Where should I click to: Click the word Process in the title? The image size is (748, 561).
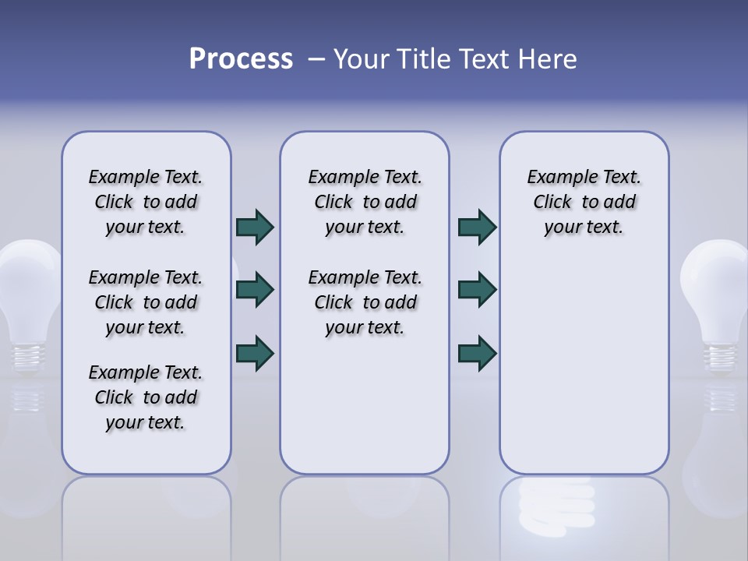[x=241, y=59]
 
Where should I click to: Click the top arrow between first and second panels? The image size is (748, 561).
[x=255, y=228]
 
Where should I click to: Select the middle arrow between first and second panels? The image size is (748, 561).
[x=255, y=290]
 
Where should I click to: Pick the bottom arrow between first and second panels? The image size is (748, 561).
[x=255, y=353]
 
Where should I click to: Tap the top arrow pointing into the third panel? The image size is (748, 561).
[x=477, y=228]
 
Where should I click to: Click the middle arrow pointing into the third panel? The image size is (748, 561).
[x=477, y=290]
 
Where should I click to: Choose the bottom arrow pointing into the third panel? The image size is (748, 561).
[x=477, y=353]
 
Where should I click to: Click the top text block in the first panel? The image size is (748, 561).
[x=146, y=202]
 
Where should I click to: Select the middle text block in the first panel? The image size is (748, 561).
[x=146, y=302]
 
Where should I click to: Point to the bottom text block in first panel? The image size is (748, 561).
[x=146, y=397]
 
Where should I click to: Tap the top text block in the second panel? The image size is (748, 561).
[x=365, y=202]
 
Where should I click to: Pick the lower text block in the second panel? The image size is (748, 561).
[x=365, y=302]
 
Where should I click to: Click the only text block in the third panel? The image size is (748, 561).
[x=584, y=202]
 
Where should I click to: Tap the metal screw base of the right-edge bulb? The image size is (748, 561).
[x=722, y=355]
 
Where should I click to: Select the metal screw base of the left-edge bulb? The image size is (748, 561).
[x=26, y=355]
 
